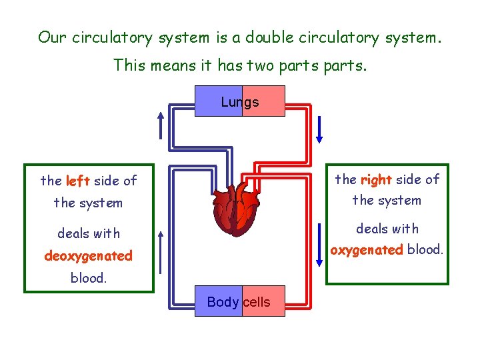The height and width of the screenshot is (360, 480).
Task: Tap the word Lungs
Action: coord(239,102)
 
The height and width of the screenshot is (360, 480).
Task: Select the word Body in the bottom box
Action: coord(223,302)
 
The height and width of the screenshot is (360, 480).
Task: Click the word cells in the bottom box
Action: coord(257,302)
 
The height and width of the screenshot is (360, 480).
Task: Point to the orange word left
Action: coord(78,181)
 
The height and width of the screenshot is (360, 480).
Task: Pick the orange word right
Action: coord(375,179)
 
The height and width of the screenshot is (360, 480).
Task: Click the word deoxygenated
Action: coord(88,256)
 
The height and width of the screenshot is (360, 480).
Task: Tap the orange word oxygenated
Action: coord(367,250)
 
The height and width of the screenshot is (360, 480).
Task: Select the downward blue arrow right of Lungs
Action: coord(319,129)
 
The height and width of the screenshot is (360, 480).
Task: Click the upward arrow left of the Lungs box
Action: coord(160,124)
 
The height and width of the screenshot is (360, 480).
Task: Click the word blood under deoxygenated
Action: coord(88,278)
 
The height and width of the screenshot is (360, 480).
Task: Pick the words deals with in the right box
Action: coord(387,229)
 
